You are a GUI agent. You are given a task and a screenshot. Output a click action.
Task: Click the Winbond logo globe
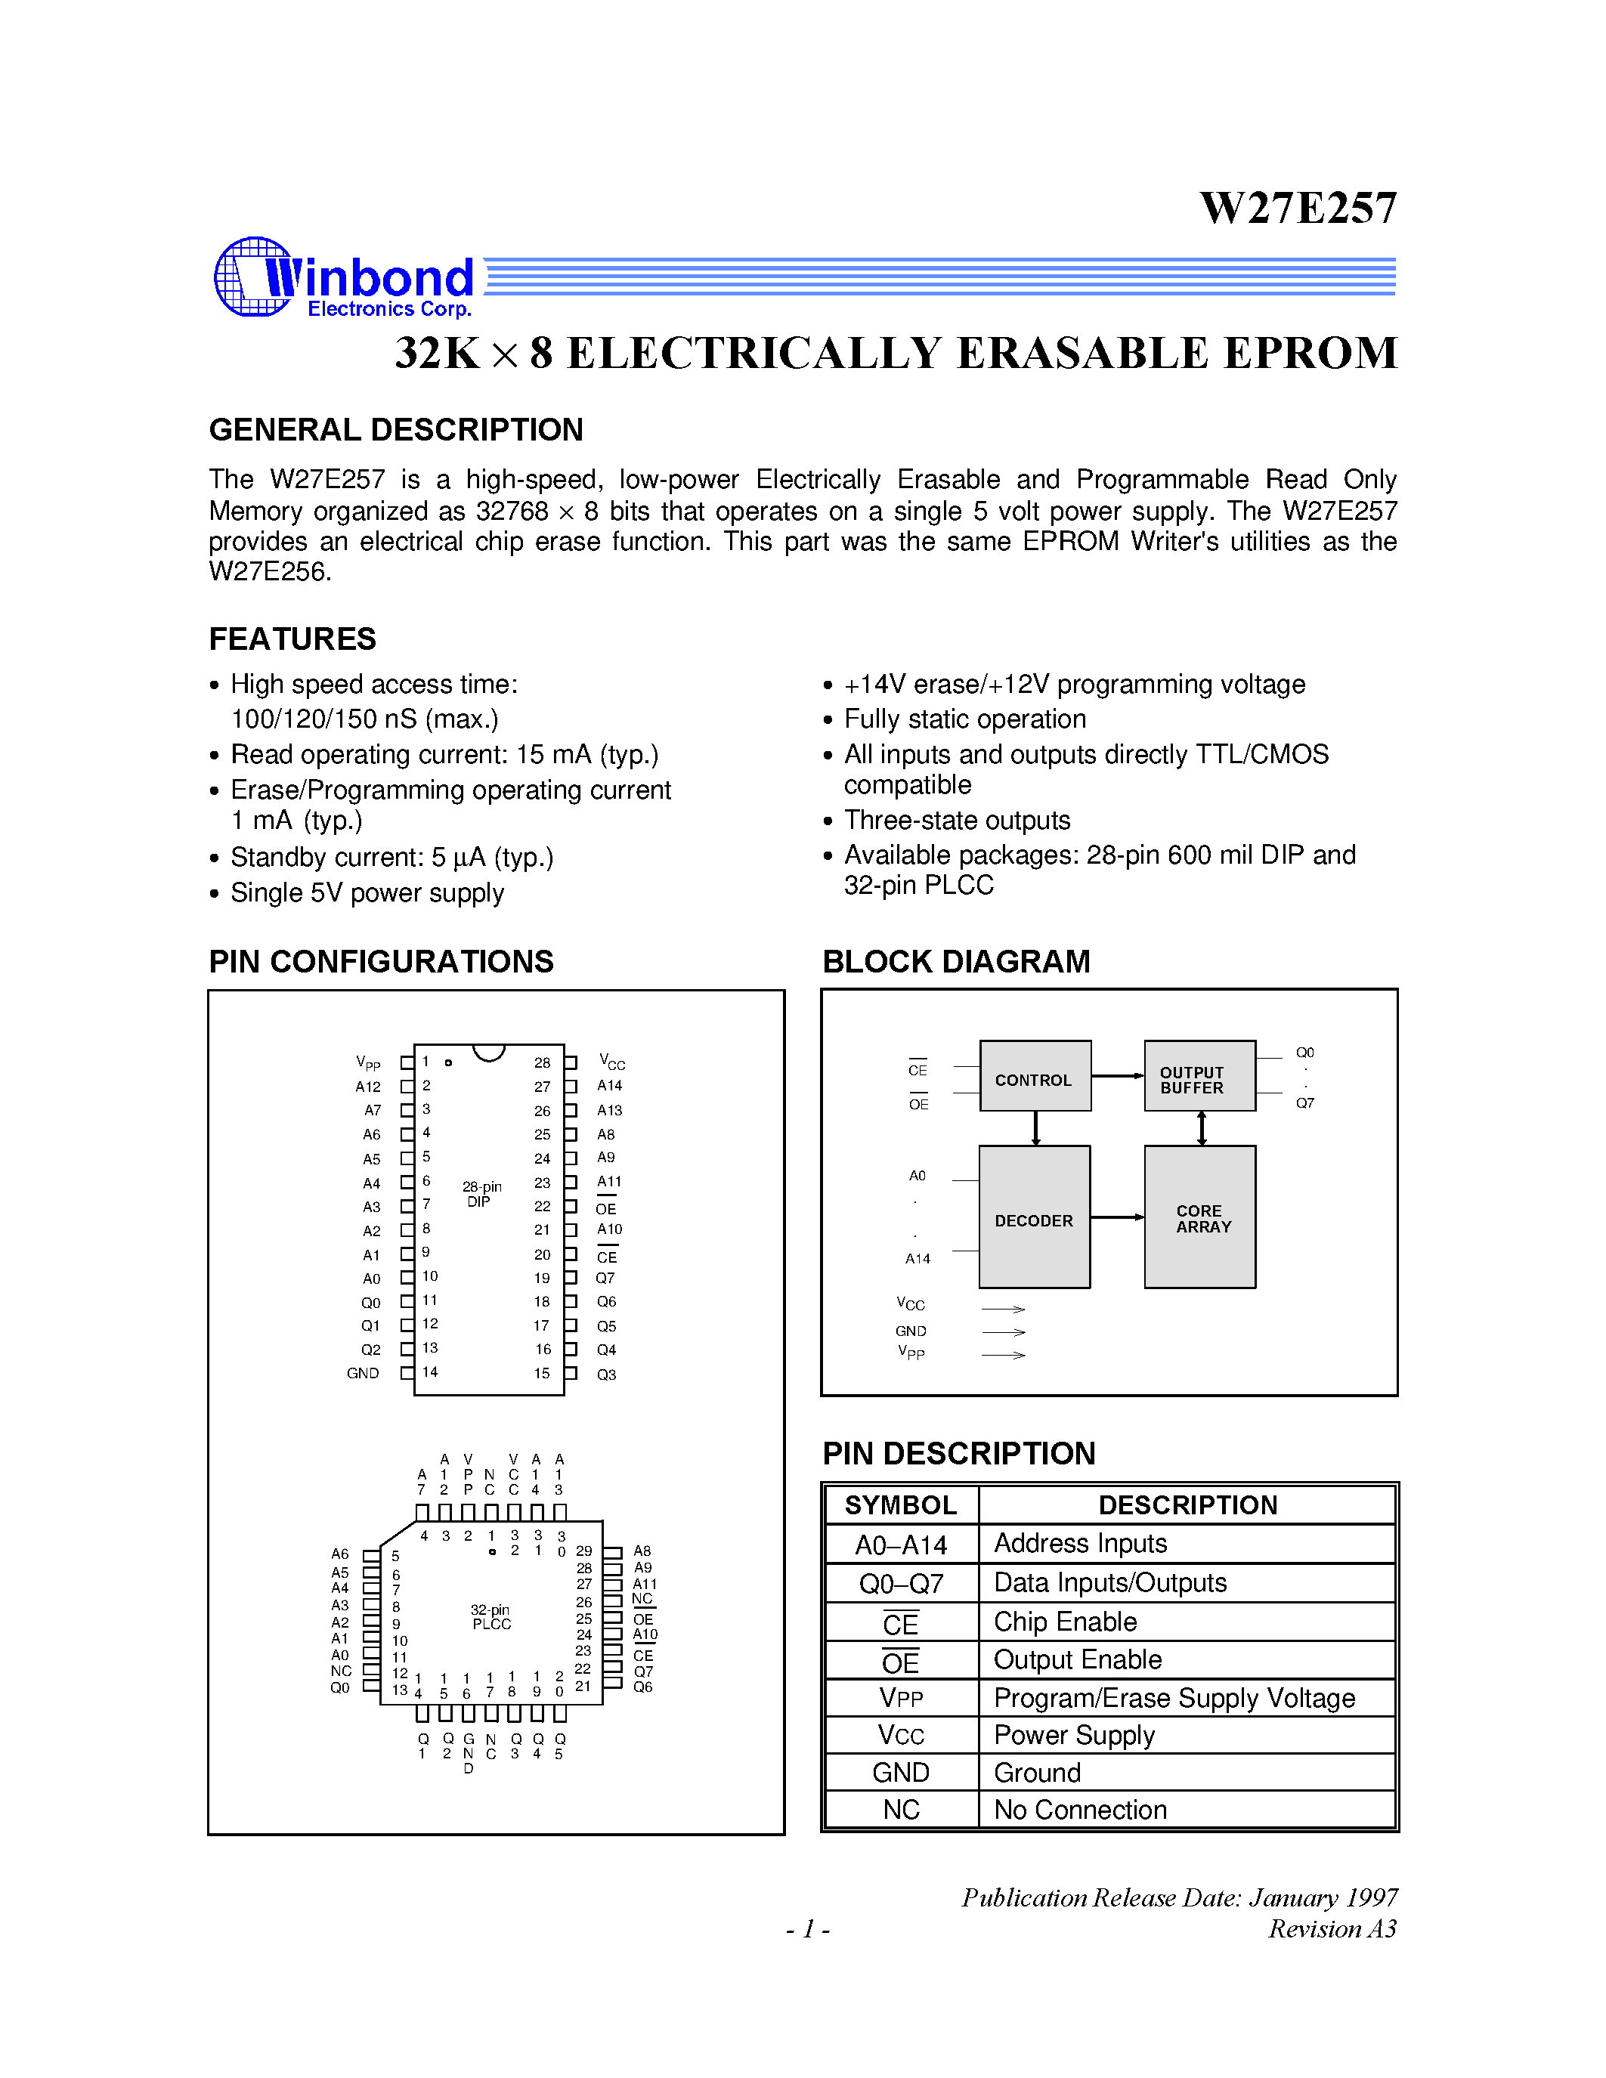tap(251, 277)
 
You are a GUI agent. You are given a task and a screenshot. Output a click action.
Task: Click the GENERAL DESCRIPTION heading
tap(396, 430)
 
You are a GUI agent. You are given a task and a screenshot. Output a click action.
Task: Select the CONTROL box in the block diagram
tap(1034, 1076)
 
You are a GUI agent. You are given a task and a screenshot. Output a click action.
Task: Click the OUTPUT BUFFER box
tap(1199, 1076)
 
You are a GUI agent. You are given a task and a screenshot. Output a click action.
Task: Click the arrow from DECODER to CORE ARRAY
tap(1117, 1217)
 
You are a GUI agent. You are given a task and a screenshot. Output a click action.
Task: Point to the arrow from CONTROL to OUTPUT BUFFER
tap(1117, 1076)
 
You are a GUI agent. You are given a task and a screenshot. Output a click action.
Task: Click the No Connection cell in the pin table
tap(1080, 1809)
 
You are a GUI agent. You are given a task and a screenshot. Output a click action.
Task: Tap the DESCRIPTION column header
tap(1187, 1505)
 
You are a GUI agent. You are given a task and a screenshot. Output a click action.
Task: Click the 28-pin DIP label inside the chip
tap(481, 1194)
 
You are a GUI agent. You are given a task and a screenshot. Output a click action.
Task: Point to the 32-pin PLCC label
tap(491, 1616)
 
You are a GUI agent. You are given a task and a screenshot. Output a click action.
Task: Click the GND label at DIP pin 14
tap(363, 1373)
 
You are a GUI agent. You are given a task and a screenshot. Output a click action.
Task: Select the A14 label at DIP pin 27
tap(610, 1086)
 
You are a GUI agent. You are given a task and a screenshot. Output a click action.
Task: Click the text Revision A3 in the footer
tap(1332, 1928)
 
